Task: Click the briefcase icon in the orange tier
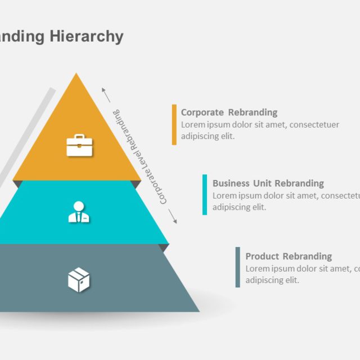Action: [79, 145]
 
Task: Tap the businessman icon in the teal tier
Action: [79, 212]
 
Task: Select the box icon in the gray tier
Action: [79, 280]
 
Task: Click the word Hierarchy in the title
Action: [86, 37]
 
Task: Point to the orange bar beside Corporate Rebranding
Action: [174, 124]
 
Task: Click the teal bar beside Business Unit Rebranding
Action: [205, 195]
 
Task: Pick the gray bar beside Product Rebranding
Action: [238, 267]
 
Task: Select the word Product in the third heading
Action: [262, 256]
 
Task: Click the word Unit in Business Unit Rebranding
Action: [262, 183]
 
